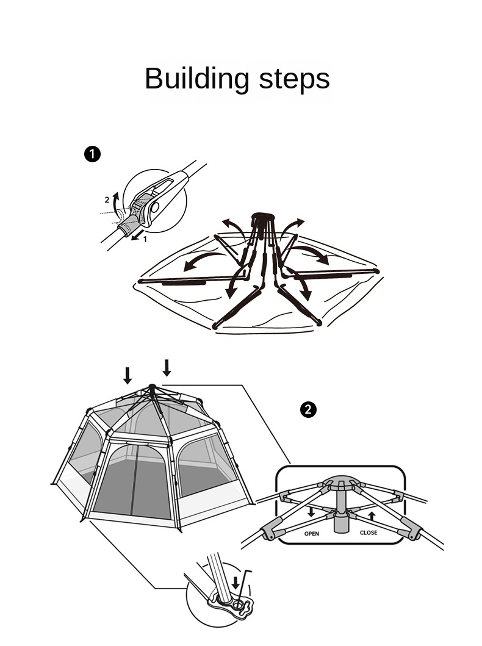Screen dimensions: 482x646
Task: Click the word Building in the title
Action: [x=197, y=79]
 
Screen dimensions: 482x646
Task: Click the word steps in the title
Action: [x=294, y=79]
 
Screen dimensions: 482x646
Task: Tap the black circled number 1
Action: [x=92, y=154]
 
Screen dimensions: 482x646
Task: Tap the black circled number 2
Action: [x=308, y=410]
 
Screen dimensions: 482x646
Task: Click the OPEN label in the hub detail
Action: [x=311, y=534]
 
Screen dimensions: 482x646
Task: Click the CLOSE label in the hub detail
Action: [x=369, y=533]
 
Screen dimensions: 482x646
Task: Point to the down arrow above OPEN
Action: [x=311, y=512]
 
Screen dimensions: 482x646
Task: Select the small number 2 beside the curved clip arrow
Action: [x=107, y=200]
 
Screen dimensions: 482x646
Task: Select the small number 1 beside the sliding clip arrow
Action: [x=145, y=239]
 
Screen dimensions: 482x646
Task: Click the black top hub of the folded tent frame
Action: [x=263, y=217]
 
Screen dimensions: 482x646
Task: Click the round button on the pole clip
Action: [x=154, y=207]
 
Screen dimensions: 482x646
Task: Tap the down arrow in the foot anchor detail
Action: [x=236, y=583]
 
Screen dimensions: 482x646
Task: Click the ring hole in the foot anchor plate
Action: [x=238, y=605]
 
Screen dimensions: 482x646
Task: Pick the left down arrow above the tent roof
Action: [x=128, y=375]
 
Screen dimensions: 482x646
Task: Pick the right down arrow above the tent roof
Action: [x=167, y=368]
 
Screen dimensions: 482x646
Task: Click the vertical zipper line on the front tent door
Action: [x=133, y=480]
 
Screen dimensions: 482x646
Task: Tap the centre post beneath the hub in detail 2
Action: [x=340, y=511]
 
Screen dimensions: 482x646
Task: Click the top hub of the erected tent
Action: [x=152, y=387]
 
